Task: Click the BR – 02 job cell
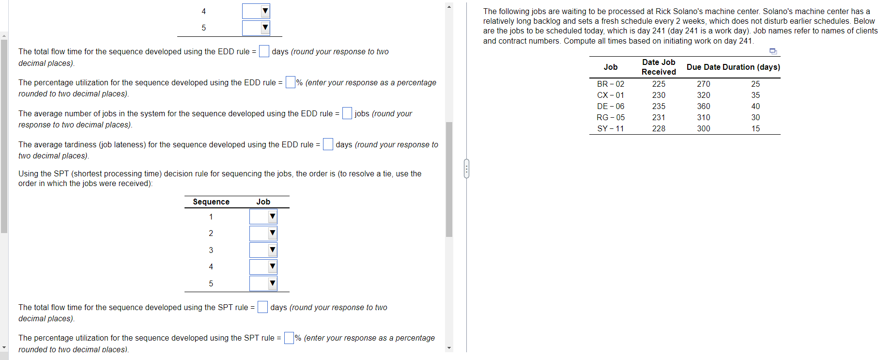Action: pyautogui.click(x=610, y=84)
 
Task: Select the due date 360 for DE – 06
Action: pyautogui.click(x=703, y=106)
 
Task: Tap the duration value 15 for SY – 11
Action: pyautogui.click(x=755, y=128)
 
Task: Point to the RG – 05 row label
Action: pyautogui.click(x=610, y=117)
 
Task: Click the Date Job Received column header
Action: pyautogui.click(x=659, y=67)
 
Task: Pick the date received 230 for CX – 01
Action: pyautogui.click(x=659, y=95)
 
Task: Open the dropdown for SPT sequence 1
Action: pyautogui.click(x=263, y=217)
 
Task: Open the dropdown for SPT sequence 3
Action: pyautogui.click(x=263, y=250)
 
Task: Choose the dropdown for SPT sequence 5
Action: pyautogui.click(x=263, y=283)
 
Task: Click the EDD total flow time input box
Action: pyautogui.click(x=264, y=51)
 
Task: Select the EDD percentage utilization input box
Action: pyautogui.click(x=291, y=82)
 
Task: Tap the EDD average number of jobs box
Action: pyautogui.click(x=347, y=113)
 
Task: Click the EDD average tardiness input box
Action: pyautogui.click(x=328, y=144)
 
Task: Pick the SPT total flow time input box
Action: pyautogui.click(x=262, y=307)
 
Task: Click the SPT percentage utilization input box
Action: pyautogui.click(x=289, y=338)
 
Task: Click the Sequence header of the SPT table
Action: pyautogui.click(x=211, y=202)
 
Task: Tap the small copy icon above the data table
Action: pyautogui.click(x=773, y=51)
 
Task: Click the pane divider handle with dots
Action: pyautogui.click(x=466, y=169)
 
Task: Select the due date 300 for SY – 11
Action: pyautogui.click(x=703, y=128)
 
